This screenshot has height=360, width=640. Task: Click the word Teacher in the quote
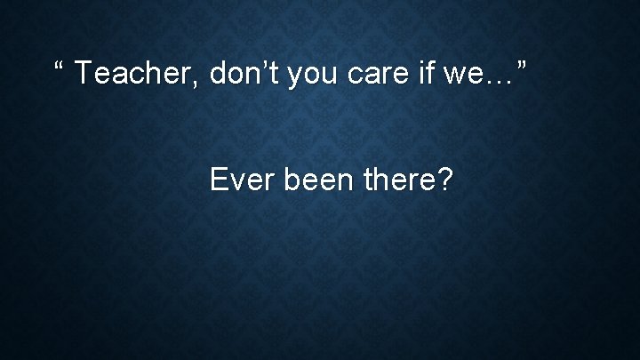[x=140, y=75]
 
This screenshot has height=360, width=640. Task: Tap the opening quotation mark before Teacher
[x=60, y=68]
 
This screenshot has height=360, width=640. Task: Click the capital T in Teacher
[x=84, y=75]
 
